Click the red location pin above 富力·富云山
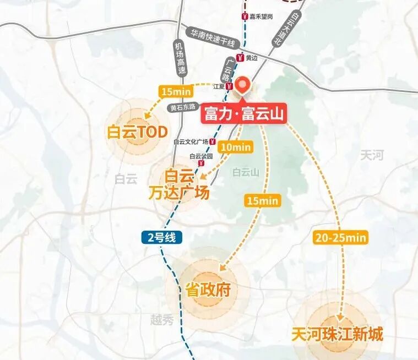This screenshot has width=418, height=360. point(242,86)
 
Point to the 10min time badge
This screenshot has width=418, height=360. point(235,147)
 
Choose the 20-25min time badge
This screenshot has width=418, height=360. point(340,238)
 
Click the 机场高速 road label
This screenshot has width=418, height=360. point(180,58)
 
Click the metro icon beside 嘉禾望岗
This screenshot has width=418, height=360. point(244,17)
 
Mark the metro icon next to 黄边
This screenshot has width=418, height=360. point(240,57)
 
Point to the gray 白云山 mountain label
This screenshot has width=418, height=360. point(246,172)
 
